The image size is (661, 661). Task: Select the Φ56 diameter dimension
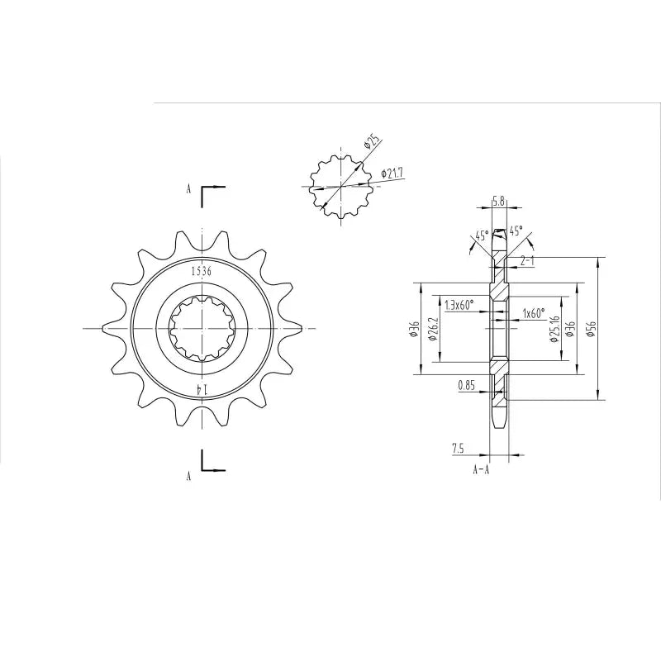[x=590, y=330]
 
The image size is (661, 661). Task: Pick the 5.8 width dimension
[x=498, y=201]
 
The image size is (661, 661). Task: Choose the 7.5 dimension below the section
[x=457, y=449]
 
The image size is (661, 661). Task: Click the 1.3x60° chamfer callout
[x=459, y=305]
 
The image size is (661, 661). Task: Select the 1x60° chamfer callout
[x=533, y=314]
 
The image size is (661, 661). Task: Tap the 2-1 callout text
[x=527, y=260]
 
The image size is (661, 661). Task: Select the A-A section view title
[x=481, y=470]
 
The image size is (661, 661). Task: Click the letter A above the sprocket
[x=188, y=189]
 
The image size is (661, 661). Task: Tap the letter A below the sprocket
[x=188, y=477]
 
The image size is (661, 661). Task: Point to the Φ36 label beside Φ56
[x=571, y=330]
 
